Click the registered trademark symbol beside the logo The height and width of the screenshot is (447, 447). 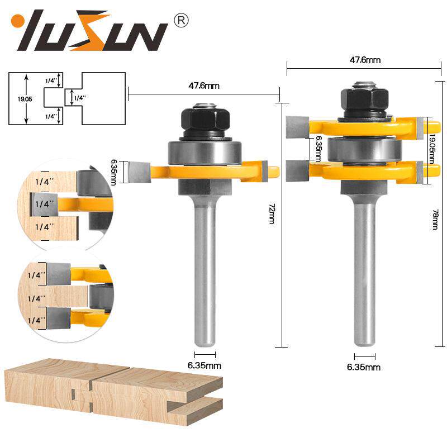(181, 21)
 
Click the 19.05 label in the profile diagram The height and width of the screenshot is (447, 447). (25, 99)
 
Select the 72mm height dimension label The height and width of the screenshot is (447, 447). (272, 214)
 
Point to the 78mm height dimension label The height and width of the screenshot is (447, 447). (435, 220)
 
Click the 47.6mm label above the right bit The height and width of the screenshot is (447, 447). (365, 60)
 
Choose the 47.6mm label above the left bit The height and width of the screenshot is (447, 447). (204, 85)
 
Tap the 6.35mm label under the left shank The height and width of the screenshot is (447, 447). (204, 365)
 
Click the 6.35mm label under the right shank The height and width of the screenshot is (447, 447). (364, 367)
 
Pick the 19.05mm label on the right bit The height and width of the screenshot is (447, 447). (432, 149)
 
